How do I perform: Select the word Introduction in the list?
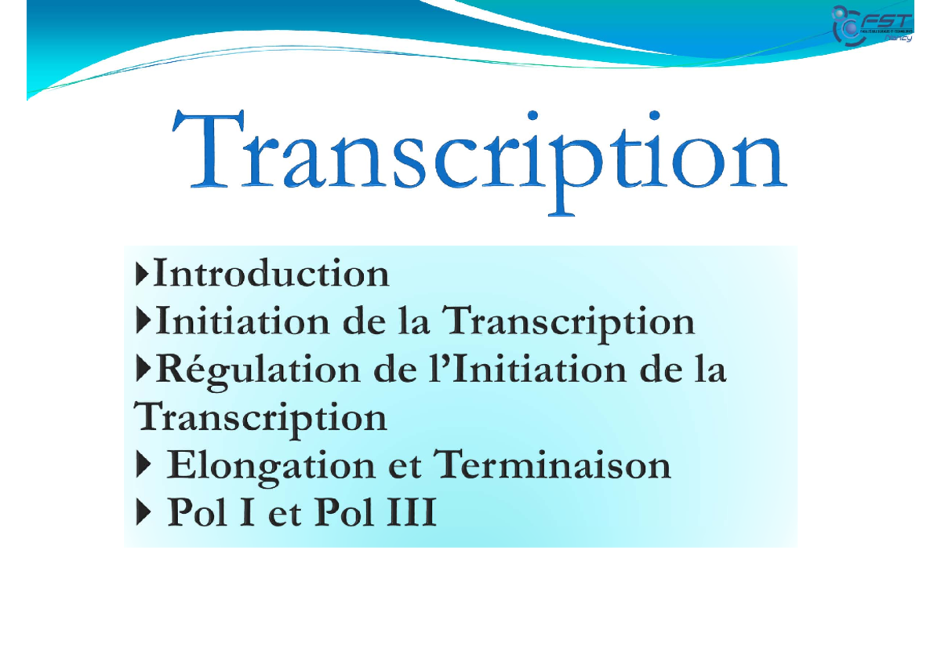coord(271,274)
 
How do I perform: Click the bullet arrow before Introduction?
coord(142,274)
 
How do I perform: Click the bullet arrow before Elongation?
coord(142,466)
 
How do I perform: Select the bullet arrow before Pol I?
coord(142,515)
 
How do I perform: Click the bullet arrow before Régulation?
coord(142,370)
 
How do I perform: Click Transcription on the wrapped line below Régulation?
coord(260,419)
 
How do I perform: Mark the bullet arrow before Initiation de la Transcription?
coord(142,322)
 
